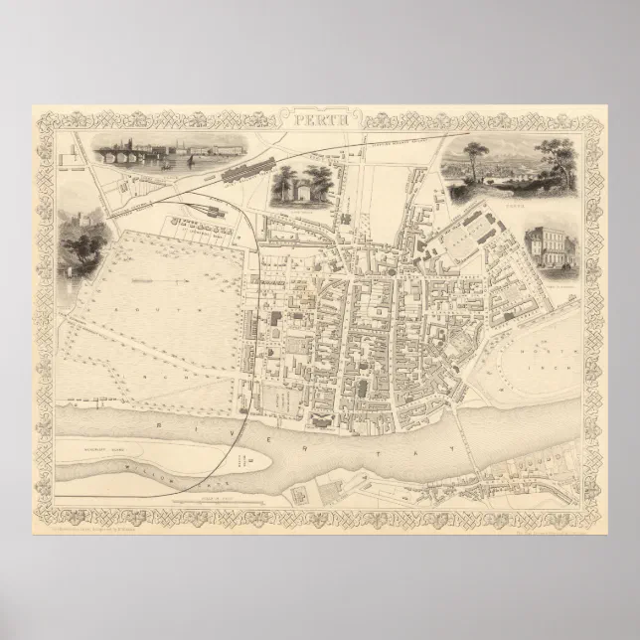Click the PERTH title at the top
[x=319, y=118]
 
